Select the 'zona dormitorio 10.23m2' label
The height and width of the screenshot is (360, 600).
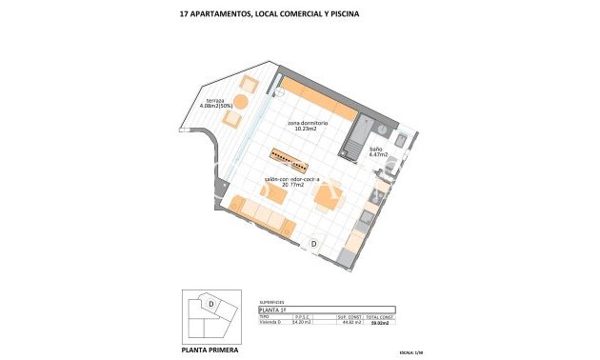(x=309, y=128)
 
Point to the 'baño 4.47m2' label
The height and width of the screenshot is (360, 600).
(x=376, y=153)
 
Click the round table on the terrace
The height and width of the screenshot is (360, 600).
(x=242, y=100)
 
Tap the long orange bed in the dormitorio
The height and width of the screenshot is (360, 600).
(x=315, y=94)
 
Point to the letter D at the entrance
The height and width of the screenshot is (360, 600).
(x=313, y=244)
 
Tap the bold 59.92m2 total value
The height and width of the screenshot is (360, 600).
(x=381, y=323)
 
